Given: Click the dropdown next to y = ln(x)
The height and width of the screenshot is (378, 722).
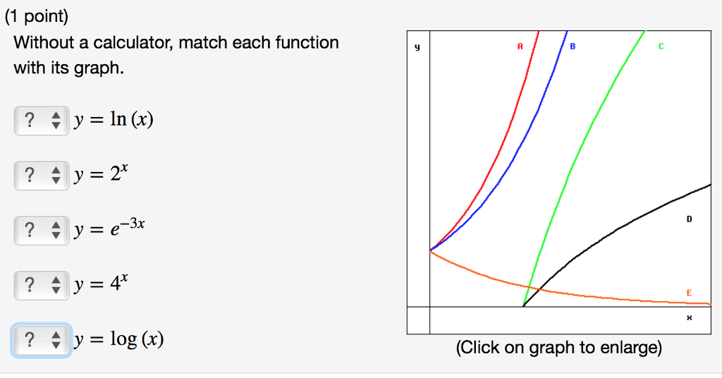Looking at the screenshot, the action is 42,120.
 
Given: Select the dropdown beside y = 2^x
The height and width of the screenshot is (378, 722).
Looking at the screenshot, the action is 42,176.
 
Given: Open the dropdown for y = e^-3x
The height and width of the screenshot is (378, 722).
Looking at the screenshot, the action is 42,230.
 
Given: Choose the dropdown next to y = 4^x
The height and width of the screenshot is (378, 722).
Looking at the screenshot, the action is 42,286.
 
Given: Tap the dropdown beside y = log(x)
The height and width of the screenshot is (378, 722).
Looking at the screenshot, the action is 42,340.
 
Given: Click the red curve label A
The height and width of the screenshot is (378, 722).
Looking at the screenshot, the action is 520,46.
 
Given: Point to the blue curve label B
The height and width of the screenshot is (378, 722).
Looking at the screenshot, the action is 573,46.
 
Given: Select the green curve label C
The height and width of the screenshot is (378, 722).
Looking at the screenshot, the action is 661,46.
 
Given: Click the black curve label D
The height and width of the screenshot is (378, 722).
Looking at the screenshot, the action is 690,219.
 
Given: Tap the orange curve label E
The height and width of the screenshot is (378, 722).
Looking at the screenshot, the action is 690,293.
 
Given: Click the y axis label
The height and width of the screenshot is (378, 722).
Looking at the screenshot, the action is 417,47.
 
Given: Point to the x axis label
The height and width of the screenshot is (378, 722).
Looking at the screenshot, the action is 690,317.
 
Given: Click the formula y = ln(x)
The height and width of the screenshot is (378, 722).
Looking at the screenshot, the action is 114,120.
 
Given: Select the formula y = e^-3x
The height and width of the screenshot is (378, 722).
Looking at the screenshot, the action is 109,227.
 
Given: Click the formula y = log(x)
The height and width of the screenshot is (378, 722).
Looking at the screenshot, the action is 118,340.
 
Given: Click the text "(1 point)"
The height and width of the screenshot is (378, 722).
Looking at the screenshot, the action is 37,17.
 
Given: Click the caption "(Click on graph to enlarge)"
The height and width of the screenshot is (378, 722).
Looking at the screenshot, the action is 559,348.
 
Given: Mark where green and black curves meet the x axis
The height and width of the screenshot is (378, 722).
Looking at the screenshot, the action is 524,307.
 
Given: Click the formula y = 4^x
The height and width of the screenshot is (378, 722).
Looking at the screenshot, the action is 101,283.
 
